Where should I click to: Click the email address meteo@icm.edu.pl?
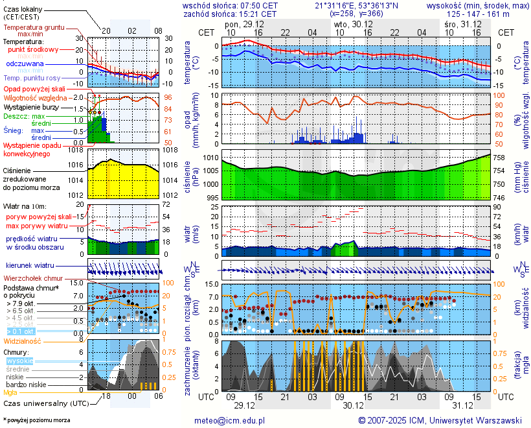tap(230, 420)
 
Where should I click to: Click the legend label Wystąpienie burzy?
tap(31, 106)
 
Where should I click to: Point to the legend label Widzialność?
tap(23, 340)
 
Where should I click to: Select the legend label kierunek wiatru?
tap(30, 265)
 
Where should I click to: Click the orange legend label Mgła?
tap(10, 392)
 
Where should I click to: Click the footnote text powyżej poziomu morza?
tap(38, 420)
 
